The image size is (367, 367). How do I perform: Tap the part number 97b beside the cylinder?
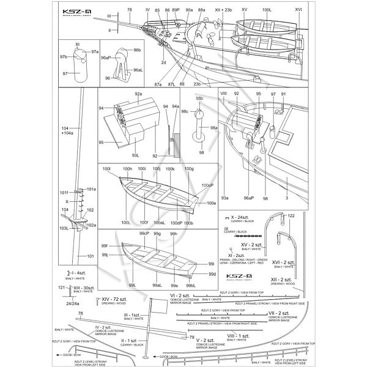pyautogui.click(x=64, y=56)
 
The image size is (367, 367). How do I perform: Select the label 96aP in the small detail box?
pyautogui.click(x=106, y=57)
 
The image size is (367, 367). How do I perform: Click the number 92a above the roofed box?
pyautogui.click(x=138, y=94)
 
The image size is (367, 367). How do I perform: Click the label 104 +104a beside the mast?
pyautogui.click(x=67, y=130)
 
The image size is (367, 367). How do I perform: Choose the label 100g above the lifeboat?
pyautogui.click(x=189, y=169)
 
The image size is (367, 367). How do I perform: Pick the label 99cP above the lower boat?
pyautogui.click(x=144, y=234)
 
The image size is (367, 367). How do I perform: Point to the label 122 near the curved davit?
pyautogui.click(x=291, y=216)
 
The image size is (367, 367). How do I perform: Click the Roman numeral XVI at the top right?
pyautogui.click(x=298, y=10)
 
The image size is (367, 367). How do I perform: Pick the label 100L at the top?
pyautogui.click(x=267, y=10)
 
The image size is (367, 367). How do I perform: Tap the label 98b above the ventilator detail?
pyautogui.click(x=199, y=98)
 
